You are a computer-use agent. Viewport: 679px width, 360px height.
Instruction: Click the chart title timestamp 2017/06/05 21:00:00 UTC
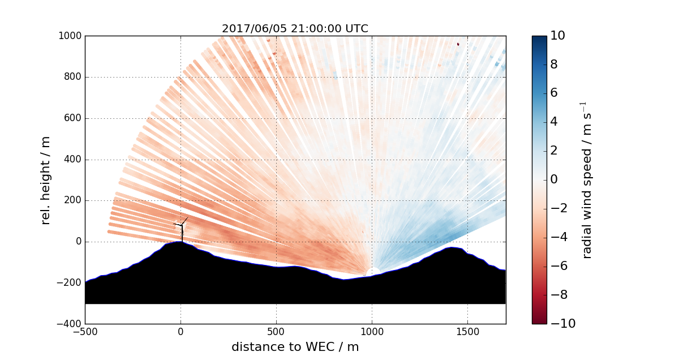(x=295, y=29)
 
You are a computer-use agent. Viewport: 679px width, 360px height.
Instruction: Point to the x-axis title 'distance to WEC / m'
(x=295, y=347)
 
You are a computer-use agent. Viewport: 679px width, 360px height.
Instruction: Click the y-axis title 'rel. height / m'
(x=46, y=180)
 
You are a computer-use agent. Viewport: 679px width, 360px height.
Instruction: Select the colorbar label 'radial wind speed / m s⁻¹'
(x=587, y=180)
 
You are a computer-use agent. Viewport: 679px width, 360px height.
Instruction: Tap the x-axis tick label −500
(x=85, y=332)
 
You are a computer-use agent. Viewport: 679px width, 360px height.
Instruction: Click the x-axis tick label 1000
(x=372, y=332)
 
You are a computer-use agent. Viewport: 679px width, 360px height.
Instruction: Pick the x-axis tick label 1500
(x=467, y=332)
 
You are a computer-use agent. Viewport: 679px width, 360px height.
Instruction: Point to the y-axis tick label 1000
(x=70, y=36)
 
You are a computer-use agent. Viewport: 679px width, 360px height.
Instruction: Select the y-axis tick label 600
(x=73, y=118)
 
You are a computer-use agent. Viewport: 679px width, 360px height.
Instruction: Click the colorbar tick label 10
(x=558, y=36)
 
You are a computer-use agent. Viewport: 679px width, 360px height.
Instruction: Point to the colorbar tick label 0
(x=555, y=179)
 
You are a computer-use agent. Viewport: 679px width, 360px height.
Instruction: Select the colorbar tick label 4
(x=555, y=122)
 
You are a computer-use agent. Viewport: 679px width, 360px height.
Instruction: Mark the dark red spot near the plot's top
(x=458, y=44)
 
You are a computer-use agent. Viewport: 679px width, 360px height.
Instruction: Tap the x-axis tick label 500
(x=276, y=332)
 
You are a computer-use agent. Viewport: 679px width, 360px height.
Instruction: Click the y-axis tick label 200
(x=73, y=200)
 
